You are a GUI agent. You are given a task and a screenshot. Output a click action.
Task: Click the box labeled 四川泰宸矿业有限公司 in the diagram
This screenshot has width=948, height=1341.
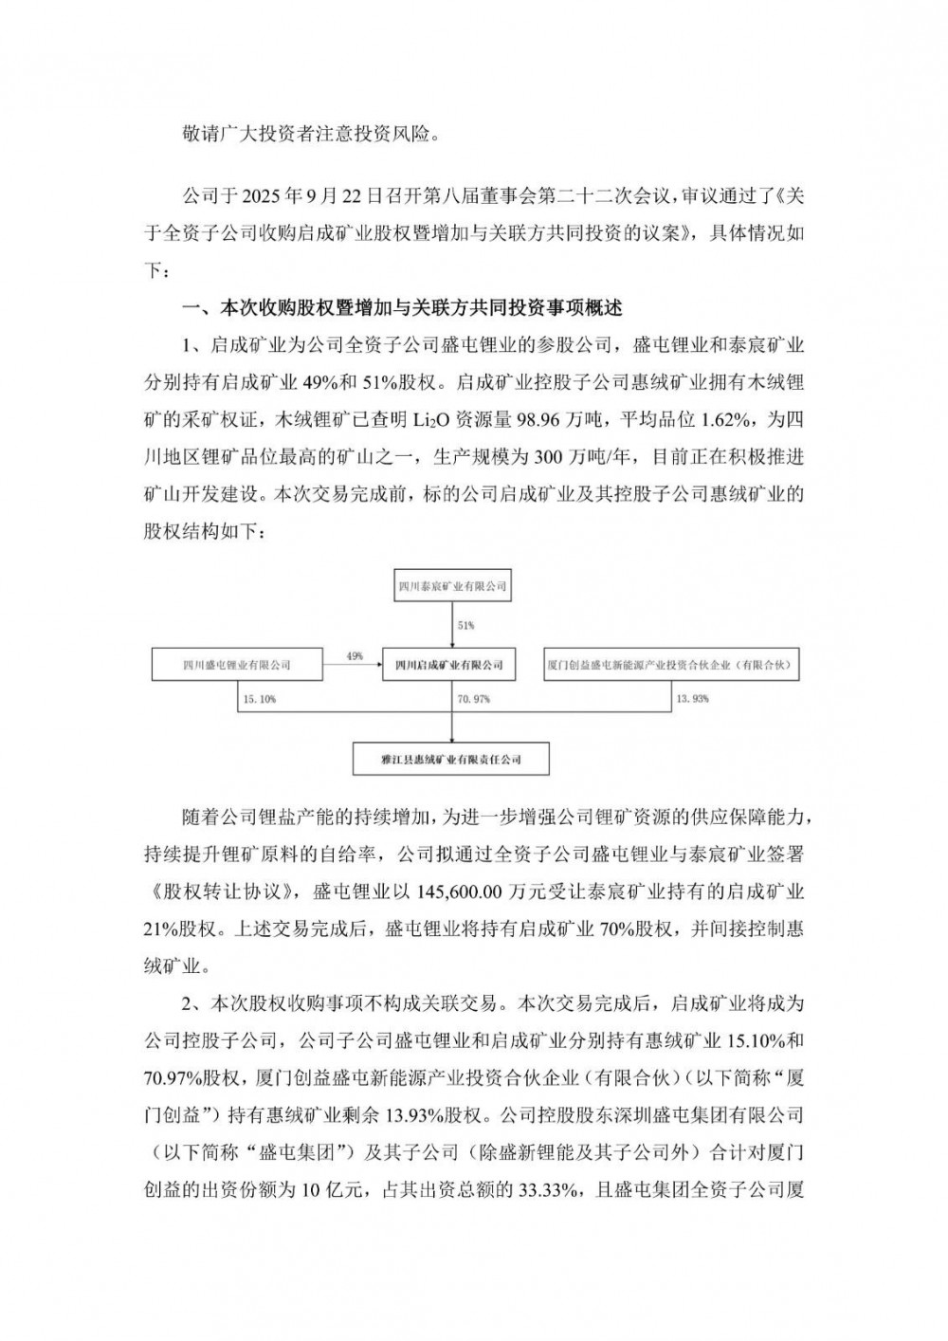451,587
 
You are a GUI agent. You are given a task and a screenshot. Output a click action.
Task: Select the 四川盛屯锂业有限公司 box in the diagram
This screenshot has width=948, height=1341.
236,665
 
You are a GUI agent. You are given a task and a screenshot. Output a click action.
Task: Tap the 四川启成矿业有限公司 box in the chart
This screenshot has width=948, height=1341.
448,665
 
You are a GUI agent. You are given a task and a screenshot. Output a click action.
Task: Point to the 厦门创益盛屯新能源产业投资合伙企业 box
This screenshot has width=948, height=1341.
669,665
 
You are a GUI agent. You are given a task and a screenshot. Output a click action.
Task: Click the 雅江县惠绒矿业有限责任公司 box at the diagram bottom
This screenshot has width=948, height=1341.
451,760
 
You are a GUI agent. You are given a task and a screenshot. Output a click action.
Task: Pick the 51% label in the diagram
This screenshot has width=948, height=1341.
465,626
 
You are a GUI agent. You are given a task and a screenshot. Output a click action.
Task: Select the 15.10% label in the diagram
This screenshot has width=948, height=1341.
259,698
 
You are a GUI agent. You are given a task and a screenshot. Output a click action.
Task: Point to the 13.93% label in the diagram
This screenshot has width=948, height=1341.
693,698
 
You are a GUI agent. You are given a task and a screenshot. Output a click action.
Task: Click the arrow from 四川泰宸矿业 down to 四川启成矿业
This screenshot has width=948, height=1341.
451,625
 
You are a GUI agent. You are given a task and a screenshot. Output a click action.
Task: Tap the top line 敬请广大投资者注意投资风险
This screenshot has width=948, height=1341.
312,133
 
